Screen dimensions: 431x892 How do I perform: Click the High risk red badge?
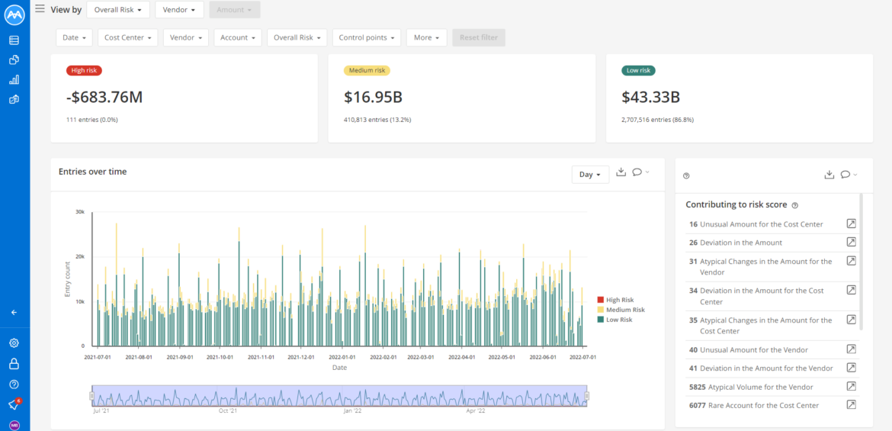[84, 71]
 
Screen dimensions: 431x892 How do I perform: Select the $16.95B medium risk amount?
[373, 97]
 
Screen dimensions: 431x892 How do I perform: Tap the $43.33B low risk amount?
[650, 97]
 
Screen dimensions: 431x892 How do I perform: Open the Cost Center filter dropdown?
[130, 37]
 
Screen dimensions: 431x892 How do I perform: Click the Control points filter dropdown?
[369, 37]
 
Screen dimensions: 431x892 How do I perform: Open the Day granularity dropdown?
[590, 175]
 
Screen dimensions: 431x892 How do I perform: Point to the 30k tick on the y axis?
[79, 212]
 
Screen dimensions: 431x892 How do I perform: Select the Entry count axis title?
[67, 278]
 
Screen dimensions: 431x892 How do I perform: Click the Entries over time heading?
[93, 172]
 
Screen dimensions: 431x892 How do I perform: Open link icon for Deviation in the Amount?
[852, 243]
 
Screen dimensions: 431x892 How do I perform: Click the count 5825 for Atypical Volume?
[697, 387]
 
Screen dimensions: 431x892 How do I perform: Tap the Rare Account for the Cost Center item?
[763, 405]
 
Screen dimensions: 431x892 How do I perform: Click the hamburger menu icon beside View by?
[40, 9]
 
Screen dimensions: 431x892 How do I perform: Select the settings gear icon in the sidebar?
[14, 343]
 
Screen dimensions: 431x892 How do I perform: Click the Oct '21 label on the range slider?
[227, 410]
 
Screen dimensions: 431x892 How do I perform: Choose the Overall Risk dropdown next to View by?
[117, 10]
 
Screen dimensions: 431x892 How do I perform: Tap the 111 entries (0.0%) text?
[92, 120]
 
